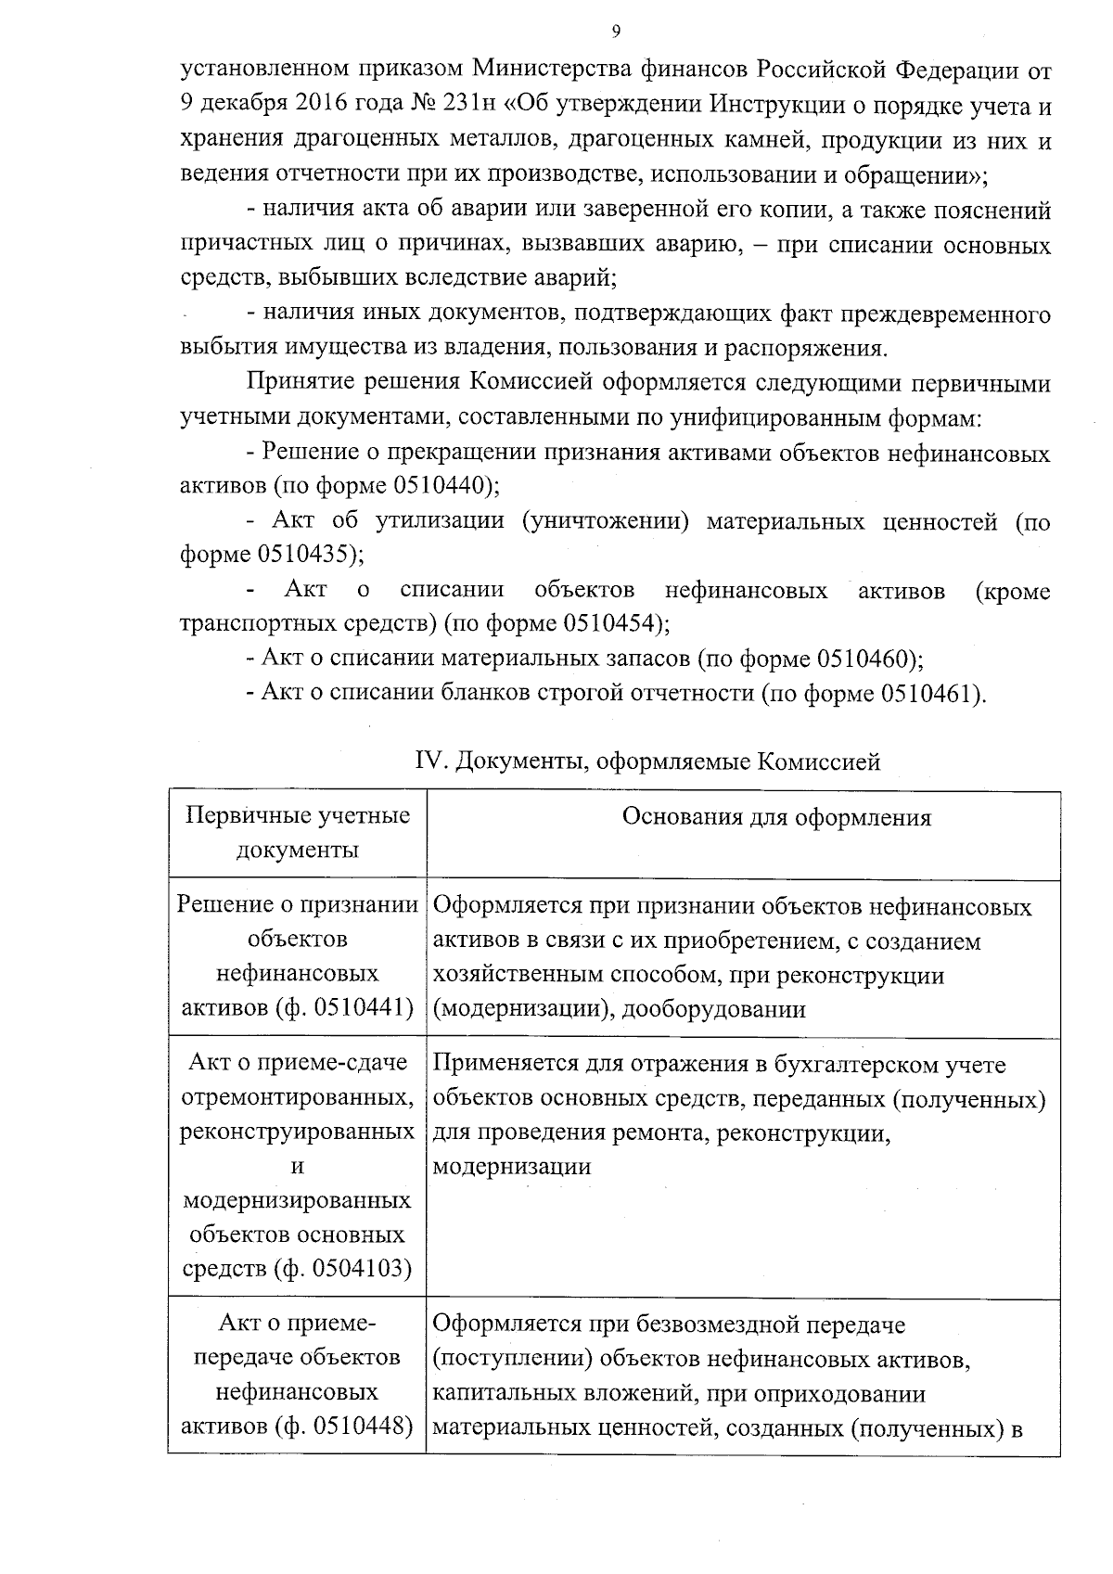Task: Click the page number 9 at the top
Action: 616,32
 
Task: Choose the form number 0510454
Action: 608,623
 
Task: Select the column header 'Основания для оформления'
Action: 776,817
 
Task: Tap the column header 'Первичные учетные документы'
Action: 298,832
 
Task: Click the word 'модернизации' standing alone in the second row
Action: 512,1167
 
